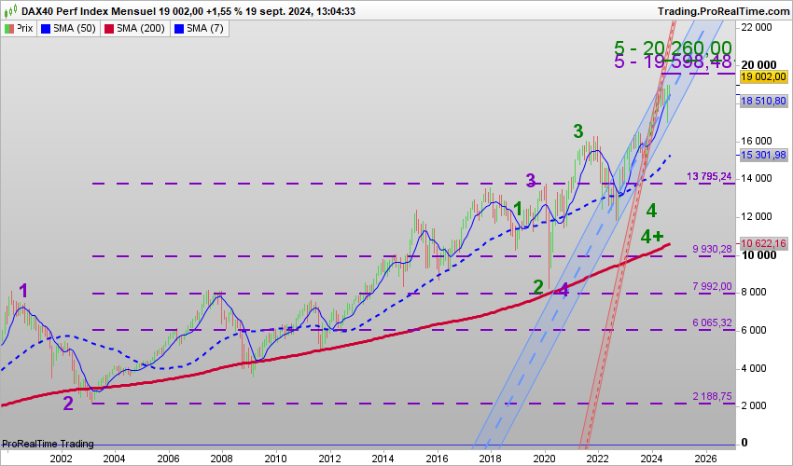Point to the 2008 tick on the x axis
pos(221,459)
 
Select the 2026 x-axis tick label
pos(705,459)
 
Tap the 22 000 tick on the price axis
pos(757,27)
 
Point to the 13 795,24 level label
pos(708,176)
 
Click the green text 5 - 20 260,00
pos(673,48)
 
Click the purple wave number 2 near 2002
pos(68,403)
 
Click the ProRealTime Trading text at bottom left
pos(48,443)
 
